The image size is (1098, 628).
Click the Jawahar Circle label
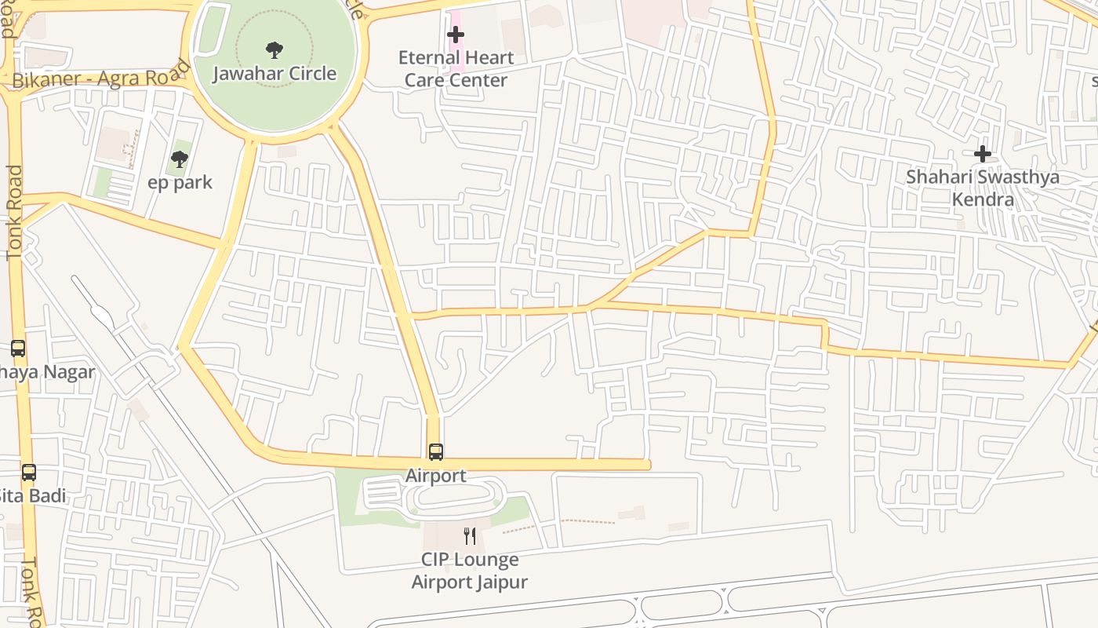coord(274,74)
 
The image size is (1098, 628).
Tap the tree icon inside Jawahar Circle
coord(274,51)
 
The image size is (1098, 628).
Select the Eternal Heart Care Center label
coord(456,69)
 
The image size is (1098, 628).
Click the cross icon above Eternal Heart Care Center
coord(456,35)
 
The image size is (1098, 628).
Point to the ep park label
coord(180,183)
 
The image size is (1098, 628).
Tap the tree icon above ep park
coord(180,159)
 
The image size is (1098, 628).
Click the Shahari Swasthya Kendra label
coord(983,188)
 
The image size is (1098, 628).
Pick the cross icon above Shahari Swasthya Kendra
coord(983,154)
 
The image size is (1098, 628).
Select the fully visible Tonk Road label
coord(15,213)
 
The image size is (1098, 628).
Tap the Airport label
coord(436,476)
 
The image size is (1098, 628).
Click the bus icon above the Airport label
coord(436,452)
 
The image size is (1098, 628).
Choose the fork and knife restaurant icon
coord(470,536)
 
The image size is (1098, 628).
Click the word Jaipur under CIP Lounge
coord(498,582)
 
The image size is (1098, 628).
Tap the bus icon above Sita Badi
coord(29,473)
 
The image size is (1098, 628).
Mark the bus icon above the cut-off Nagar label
coord(17,349)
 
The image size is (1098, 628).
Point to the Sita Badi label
coord(33,496)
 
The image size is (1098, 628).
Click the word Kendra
coord(983,199)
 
